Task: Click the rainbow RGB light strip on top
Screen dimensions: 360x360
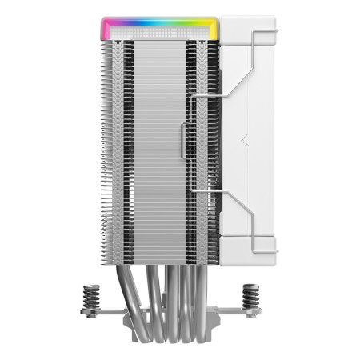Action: tap(160, 25)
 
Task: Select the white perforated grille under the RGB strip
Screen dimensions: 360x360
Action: tap(160, 37)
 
